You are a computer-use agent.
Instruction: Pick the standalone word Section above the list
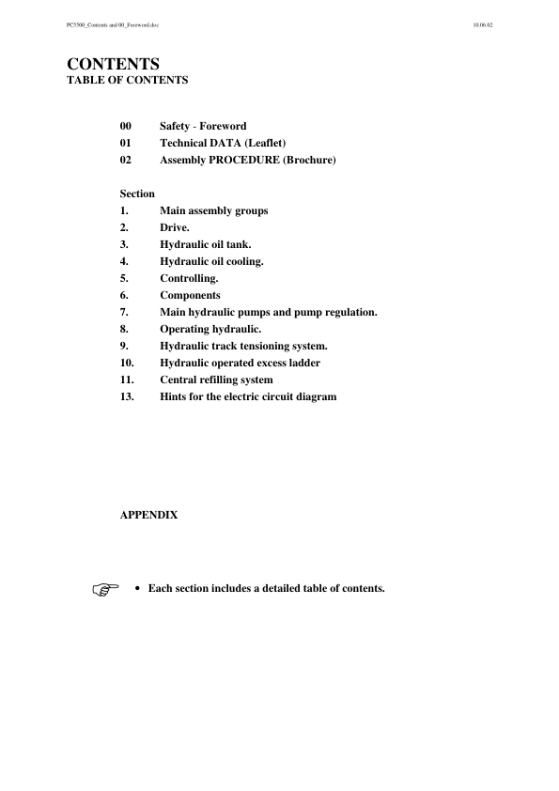pyautogui.click(x=137, y=194)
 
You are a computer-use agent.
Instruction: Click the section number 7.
pyautogui.click(x=124, y=312)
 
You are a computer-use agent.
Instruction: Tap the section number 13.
pyautogui.click(x=127, y=396)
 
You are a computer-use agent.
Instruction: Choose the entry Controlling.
pyautogui.click(x=189, y=278)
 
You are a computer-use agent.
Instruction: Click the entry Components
pyautogui.click(x=190, y=295)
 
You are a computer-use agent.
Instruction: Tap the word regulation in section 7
pyautogui.click(x=347, y=312)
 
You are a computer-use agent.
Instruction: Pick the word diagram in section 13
pyautogui.click(x=314, y=396)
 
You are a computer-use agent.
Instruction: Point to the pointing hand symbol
pyautogui.click(x=106, y=590)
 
